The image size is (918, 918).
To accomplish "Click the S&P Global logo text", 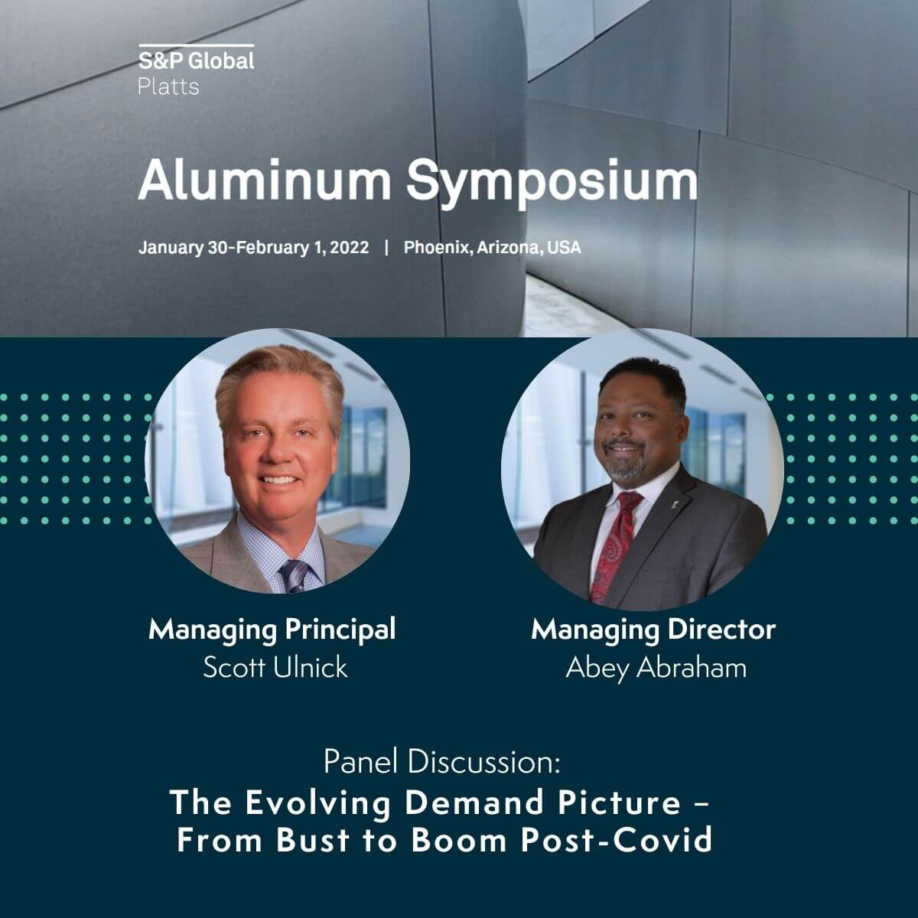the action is [197, 61].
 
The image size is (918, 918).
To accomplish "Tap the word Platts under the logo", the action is [168, 87].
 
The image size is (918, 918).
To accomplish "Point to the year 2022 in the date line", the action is [349, 248].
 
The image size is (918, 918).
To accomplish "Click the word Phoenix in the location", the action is [438, 248].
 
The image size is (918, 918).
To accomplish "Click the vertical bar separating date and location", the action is [386, 248].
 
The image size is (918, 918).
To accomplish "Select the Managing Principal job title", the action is [272, 630].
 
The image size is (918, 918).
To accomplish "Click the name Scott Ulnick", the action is [275, 667].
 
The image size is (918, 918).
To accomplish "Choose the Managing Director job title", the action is [653, 630].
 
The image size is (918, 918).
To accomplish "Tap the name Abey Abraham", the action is [656, 668].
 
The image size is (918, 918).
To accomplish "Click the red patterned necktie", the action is [614, 545].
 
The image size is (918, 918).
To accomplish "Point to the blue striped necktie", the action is [295, 575].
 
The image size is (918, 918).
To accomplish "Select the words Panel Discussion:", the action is [441, 761].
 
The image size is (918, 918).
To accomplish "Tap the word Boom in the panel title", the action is [459, 840].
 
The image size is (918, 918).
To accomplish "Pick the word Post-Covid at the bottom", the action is [617, 840].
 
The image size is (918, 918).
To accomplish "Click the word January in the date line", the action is [171, 248].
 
